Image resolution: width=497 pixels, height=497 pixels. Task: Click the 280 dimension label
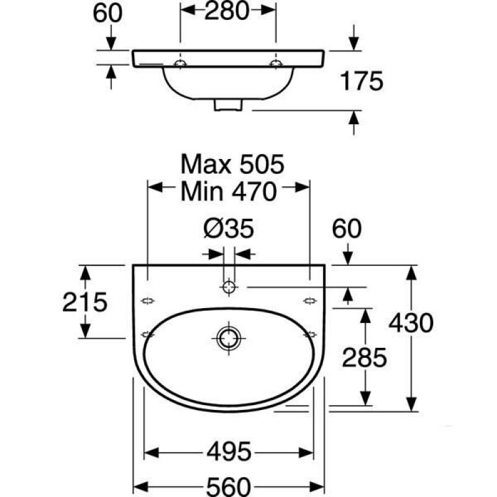tap(227, 11)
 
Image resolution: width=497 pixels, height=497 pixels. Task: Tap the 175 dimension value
tap(362, 81)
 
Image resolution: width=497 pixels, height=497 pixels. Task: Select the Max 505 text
tap(232, 164)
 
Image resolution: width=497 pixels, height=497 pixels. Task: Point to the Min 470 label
tap(229, 192)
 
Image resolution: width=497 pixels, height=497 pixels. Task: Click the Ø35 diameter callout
tap(229, 228)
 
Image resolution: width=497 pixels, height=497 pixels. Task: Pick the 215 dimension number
tap(85, 302)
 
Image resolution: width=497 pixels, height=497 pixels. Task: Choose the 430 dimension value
tap(411, 323)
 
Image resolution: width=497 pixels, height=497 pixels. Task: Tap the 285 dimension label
tap(365, 358)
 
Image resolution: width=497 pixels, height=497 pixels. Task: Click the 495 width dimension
tap(229, 452)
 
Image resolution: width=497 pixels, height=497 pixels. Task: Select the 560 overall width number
tap(229, 486)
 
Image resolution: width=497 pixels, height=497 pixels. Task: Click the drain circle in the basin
tap(229, 338)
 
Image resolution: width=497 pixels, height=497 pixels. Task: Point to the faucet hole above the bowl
tap(229, 287)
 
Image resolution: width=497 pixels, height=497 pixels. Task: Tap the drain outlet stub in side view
tap(228, 105)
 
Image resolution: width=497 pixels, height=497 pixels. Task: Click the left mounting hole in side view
tap(180, 64)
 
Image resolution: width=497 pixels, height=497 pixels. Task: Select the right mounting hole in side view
tap(276, 64)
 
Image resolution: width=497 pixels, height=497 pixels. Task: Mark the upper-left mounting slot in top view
tap(148, 301)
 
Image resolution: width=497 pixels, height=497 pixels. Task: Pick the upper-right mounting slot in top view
tap(309, 301)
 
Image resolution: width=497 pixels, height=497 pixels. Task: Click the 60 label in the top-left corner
tap(107, 13)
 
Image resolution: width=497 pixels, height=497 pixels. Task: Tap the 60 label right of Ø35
tap(347, 228)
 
